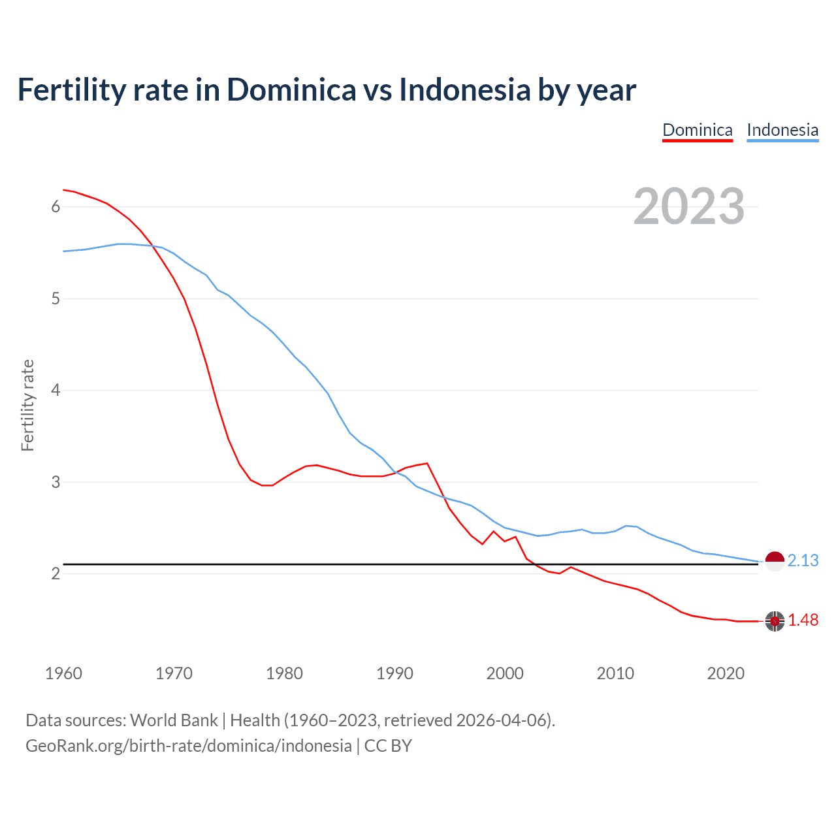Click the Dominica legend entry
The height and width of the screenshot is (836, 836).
pyautogui.click(x=697, y=130)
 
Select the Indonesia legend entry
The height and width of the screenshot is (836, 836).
pyautogui.click(x=782, y=130)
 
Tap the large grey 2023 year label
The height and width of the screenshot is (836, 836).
pyautogui.click(x=688, y=206)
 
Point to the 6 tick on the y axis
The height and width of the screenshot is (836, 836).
pyautogui.click(x=56, y=207)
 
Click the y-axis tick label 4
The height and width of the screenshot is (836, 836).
pyautogui.click(x=56, y=391)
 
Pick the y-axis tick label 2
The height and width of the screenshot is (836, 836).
pyautogui.click(x=56, y=574)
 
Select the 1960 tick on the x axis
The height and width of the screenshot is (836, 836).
pyautogui.click(x=63, y=673)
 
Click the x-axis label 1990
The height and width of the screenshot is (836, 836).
pyautogui.click(x=394, y=673)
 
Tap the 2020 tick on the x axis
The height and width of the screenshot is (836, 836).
pyautogui.click(x=726, y=673)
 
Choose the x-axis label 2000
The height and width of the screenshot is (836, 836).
pyautogui.click(x=505, y=673)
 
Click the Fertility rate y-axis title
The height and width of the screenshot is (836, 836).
pyautogui.click(x=27, y=405)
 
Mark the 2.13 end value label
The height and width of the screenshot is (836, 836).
pyautogui.click(x=803, y=560)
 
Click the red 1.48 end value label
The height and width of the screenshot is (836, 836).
pyautogui.click(x=803, y=620)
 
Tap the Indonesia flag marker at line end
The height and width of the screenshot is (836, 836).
pyautogui.click(x=775, y=561)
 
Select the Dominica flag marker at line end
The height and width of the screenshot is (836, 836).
pyautogui.click(x=775, y=621)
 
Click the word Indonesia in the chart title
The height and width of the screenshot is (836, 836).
pyautogui.click(x=465, y=90)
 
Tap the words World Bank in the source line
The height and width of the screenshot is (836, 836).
pyautogui.click(x=174, y=720)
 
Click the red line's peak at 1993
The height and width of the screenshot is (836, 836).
pyautogui.click(x=427, y=463)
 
